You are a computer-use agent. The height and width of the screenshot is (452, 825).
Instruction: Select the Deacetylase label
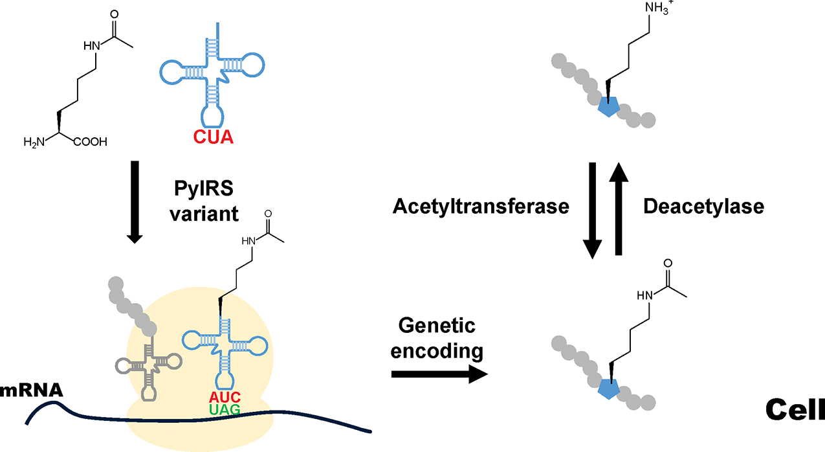tap(704, 207)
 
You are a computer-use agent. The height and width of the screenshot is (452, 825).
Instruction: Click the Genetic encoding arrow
tap(439, 373)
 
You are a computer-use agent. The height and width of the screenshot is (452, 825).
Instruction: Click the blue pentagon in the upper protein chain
tap(608, 107)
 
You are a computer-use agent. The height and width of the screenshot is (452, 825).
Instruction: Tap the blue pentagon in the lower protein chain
tap(608, 388)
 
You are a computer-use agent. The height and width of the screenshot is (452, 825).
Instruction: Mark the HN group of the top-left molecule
tap(93, 44)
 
